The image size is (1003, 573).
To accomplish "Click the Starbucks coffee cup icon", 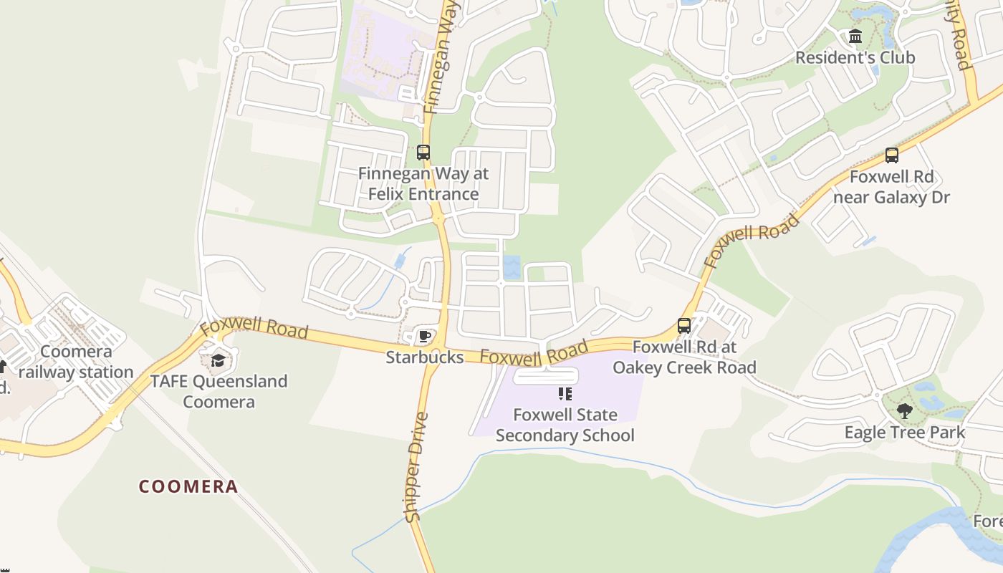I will click(425, 336).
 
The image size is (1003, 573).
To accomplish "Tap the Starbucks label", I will click(425, 357).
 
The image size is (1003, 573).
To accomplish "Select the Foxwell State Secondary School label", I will click(565, 425).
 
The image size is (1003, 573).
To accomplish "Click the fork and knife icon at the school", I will click(565, 394).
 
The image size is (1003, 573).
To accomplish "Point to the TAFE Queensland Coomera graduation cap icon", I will click(219, 360).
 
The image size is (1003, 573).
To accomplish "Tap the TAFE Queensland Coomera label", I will click(219, 391).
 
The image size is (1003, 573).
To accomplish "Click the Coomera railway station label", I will click(76, 362).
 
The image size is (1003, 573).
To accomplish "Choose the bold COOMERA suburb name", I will click(188, 487).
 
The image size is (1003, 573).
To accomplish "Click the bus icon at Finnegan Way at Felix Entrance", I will click(423, 153).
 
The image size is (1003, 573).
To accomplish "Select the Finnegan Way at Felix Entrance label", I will click(423, 183).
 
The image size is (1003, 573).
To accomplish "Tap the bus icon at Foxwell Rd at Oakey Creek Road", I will click(684, 327).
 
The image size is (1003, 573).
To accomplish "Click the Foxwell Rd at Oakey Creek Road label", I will click(684, 357).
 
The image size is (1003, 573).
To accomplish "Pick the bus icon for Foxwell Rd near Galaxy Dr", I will click(892, 155).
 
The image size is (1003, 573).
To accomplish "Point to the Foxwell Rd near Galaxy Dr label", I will click(892, 186).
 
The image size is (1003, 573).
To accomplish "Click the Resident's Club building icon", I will click(855, 37).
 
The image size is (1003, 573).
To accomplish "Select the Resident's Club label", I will click(855, 57).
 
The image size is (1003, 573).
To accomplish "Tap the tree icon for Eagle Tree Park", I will click(904, 411).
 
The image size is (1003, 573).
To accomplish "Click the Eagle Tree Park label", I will click(904, 433).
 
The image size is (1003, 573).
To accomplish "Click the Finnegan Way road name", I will click(441, 57).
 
